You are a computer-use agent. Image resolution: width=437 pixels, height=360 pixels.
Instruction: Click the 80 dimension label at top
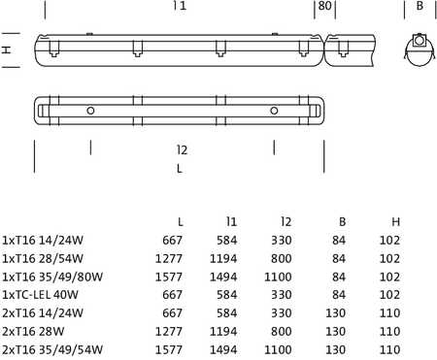click(324, 6)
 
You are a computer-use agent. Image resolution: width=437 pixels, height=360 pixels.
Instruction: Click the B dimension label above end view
click(420, 6)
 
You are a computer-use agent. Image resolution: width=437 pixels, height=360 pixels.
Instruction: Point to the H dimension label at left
click(7, 49)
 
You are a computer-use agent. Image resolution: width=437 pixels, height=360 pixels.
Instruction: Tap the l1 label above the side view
click(180, 6)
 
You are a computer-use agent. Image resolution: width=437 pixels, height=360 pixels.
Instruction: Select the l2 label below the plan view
click(183, 150)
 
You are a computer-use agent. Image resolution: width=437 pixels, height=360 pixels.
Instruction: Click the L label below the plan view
click(180, 169)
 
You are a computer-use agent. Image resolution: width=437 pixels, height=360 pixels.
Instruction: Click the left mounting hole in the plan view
click(90, 111)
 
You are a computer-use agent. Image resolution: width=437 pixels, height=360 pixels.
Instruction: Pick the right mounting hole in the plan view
click(274, 111)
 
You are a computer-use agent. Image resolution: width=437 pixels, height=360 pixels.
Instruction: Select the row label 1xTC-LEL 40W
click(40, 295)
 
